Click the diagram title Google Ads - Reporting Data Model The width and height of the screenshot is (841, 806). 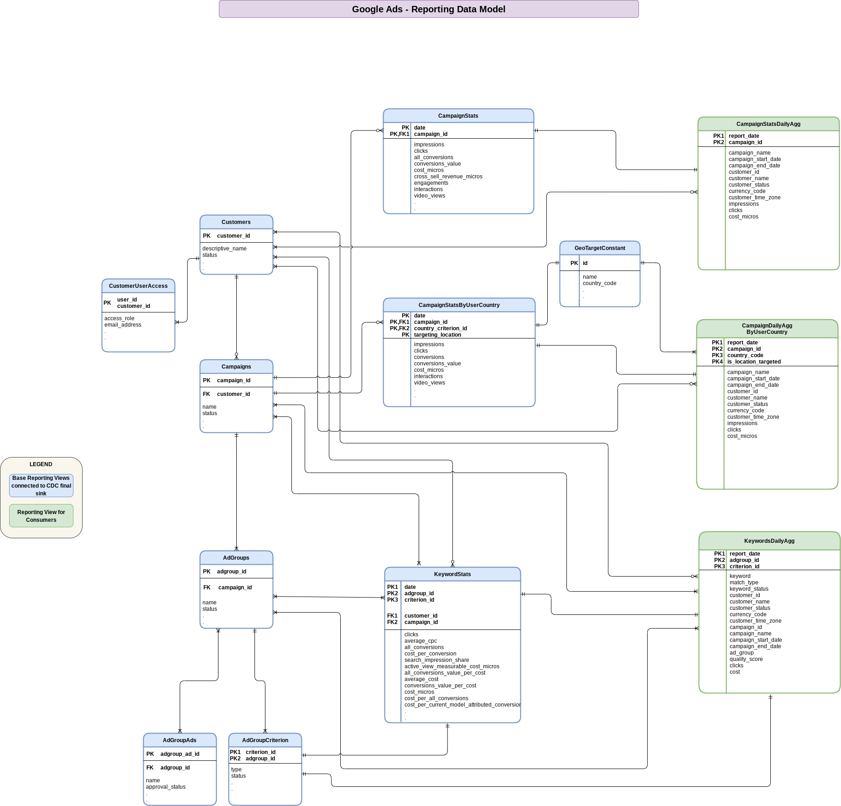pyautogui.click(x=428, y=9)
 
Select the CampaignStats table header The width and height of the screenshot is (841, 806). pyautogui.click(x=458, y=116)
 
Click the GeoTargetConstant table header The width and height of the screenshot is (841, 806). pyautogui.click(x=599, y=248)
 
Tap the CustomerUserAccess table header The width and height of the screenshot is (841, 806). pyautogui.click(x=138, y=286)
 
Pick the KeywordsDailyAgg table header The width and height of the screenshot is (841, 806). pyautogui.click(x=769, y=541)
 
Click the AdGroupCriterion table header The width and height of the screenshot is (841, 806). pyautogui.click(x=265, y=740)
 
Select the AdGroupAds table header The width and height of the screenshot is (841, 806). pyautogui.click(x=179, y=740)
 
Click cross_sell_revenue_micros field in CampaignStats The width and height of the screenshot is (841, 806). pyautogui.click(x=448, y=177)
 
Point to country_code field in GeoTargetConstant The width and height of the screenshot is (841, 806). pyautogui.click(x=599, y=283)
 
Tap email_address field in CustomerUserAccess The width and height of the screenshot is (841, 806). pyautogui.click(x=123, y=325)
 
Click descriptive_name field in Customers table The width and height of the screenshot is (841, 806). pyautogui.click(x=224, y=249)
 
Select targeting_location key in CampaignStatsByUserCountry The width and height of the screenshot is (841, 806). pyautogui.click(x=437, y=335)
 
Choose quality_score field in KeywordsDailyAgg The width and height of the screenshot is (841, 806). pyautogui.click(x=746, y=659)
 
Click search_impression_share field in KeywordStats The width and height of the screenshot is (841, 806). pyautogui.click(x=436, y=660)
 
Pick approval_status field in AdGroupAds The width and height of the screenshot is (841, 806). pyautogui.click(x=166, y=787)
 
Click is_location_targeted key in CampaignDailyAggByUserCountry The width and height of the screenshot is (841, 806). pyautogui.click(x=754, y=362)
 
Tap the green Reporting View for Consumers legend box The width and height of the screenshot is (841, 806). pyautogui.click(x=41, y=516)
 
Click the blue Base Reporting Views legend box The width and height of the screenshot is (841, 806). pyautogui.click(x=41, y=485)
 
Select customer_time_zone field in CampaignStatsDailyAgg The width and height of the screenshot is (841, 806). pyautogui.click(x=754, y=198)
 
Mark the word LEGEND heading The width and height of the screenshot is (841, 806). pyautogui.click(x=41, y=464)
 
